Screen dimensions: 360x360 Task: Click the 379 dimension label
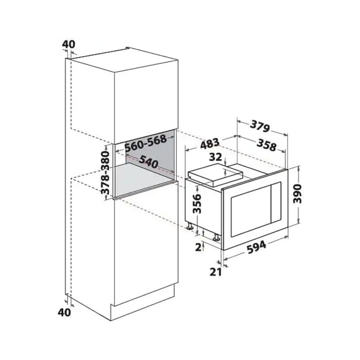tap(260, 126)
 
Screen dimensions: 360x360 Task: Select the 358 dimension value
tap(266, 145)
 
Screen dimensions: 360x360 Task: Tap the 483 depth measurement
tap(210, 144)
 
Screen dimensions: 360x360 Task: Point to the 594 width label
tap(257, 247)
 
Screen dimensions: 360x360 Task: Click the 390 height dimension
tap(298, 193)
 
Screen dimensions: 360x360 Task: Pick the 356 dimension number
tap(196, 204)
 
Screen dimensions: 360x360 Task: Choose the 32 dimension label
tap(215, 157)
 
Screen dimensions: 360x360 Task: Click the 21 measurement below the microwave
tap(215, 272)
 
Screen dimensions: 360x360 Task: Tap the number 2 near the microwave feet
tap(198, 247)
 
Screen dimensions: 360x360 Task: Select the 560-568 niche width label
tap(146, 142)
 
